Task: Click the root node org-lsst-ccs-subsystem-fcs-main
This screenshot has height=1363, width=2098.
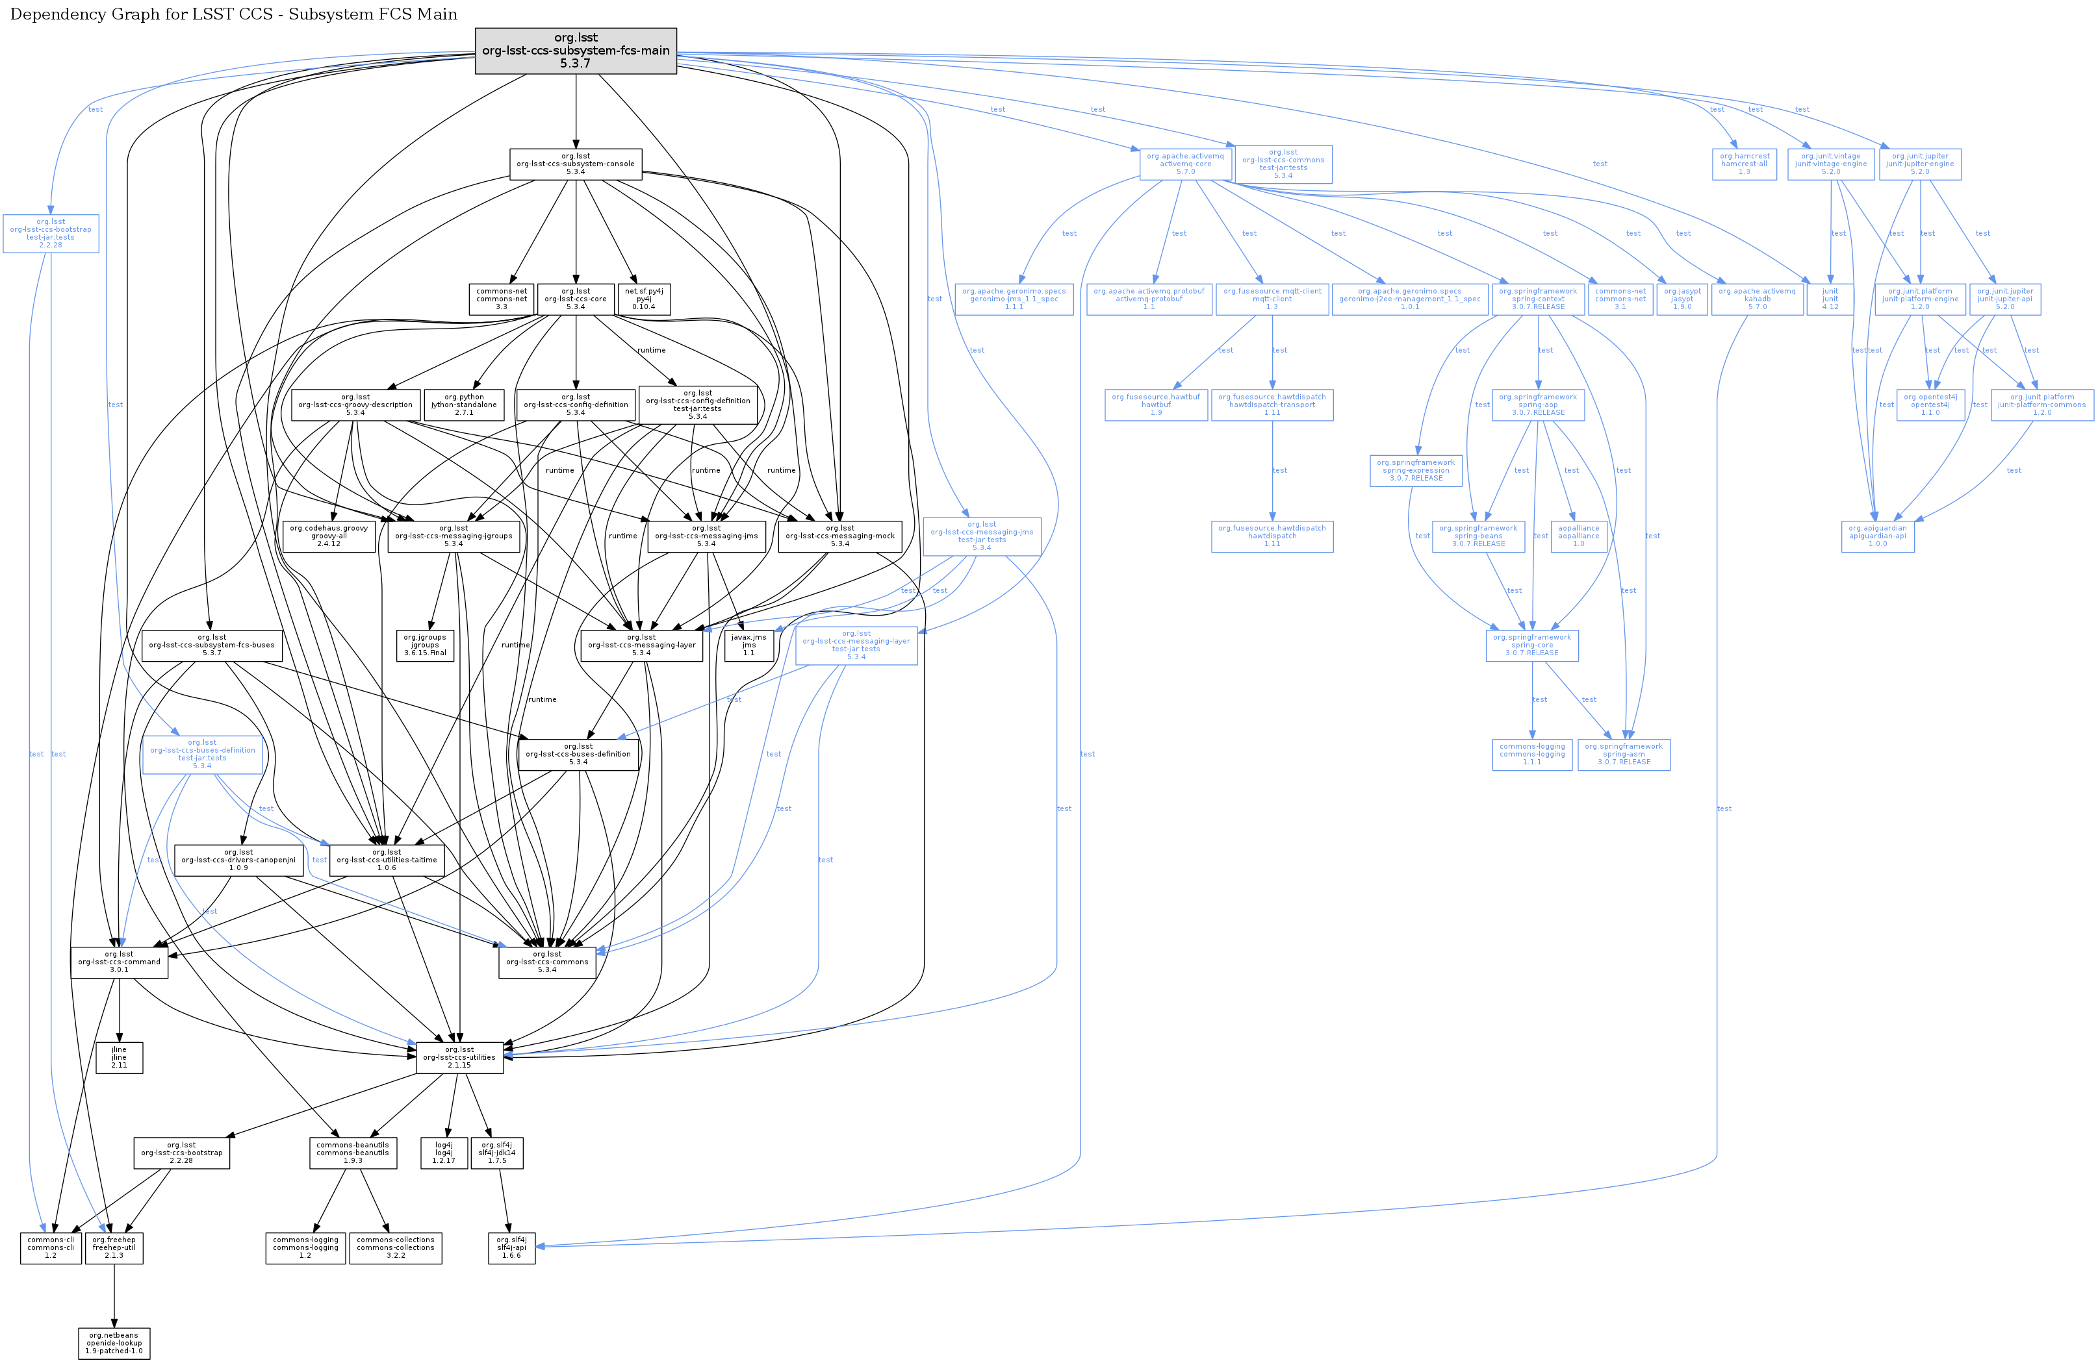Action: [x=576, y=50]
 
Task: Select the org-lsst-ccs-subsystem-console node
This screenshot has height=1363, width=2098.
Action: [x=576, y=164]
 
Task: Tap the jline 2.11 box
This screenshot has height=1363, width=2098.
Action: [x=119, y=1057]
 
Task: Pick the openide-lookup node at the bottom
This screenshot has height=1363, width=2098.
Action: [x=114, y=1343]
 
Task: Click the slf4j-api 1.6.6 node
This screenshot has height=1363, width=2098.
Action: [x=511, y=1247]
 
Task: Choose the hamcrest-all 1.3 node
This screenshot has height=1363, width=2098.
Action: [x=1744, y=164]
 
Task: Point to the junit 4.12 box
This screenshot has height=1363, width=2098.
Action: [x=1830, y=299]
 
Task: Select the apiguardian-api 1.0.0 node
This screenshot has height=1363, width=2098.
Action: [x=1878, y=536]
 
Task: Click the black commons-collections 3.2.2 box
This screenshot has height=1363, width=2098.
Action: [x=396, y=1247]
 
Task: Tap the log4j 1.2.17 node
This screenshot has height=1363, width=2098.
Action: [x=444, y=1153]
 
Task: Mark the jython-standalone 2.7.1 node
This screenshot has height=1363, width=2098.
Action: [x=464, y=405]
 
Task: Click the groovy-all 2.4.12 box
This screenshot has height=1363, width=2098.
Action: [x=329, y=536]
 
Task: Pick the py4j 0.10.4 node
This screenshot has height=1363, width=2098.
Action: [x=643, y=299]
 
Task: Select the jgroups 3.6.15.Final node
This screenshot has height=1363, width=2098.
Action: [x=425, y=645]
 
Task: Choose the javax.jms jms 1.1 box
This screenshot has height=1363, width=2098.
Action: [x=748, y=645]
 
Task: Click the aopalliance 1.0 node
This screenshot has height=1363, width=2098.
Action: [x=1578, y=536]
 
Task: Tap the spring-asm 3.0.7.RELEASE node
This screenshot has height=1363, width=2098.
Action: [x=1623, y=754]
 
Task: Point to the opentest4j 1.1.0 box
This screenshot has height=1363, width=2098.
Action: [x=1930, y=405]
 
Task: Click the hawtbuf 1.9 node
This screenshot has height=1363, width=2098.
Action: [x=1156, y=405]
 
